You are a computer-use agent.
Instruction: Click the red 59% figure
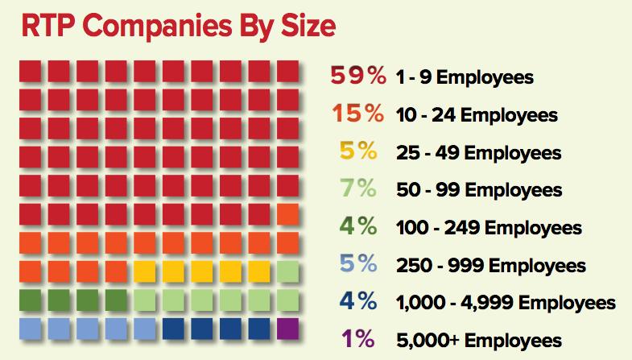coord(357,78)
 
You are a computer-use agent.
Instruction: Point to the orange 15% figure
coord(357,115)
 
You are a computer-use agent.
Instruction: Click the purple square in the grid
coord(287,329)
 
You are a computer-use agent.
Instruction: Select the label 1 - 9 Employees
coord(465,79)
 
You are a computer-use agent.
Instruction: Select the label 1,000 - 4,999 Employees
coord(506,303)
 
